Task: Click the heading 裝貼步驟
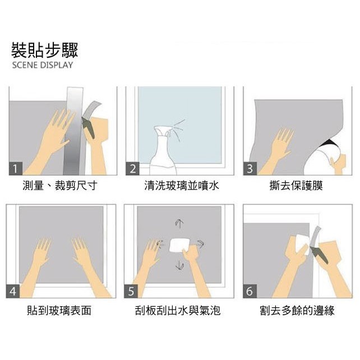click(45, 50)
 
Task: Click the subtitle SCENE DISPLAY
click(43, 65)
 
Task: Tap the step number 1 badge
click(16, 168)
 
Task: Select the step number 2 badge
click(132, 168)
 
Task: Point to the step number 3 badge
click(250, 168)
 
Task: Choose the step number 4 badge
click(13, 291)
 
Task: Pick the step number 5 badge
click(131, 291)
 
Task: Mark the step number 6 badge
click(250, 291)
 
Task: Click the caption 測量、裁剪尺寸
click(60, 186)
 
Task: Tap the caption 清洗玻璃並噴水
click(182, 186)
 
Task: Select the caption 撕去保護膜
click(296, 186)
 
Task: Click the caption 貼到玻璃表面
click(59, 311)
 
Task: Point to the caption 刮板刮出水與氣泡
click(178, 311)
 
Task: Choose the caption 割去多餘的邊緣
click(297, 311)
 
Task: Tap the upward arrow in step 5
click(179, 223)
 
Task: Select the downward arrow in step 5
click(179, 266)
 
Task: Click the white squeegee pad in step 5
click(179, 245)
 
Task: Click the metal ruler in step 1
click(73, 131)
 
